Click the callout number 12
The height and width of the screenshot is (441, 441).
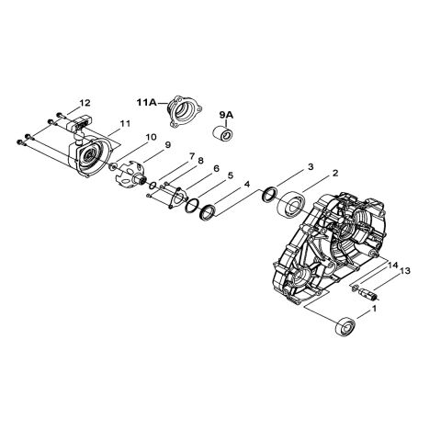click(85, 102)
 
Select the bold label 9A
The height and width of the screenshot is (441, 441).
click(226, 114)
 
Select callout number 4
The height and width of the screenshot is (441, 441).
click(246, 185)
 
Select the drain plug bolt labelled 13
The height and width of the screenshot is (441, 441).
click(368, 296)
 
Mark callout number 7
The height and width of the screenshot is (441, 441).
click(165, 156)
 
